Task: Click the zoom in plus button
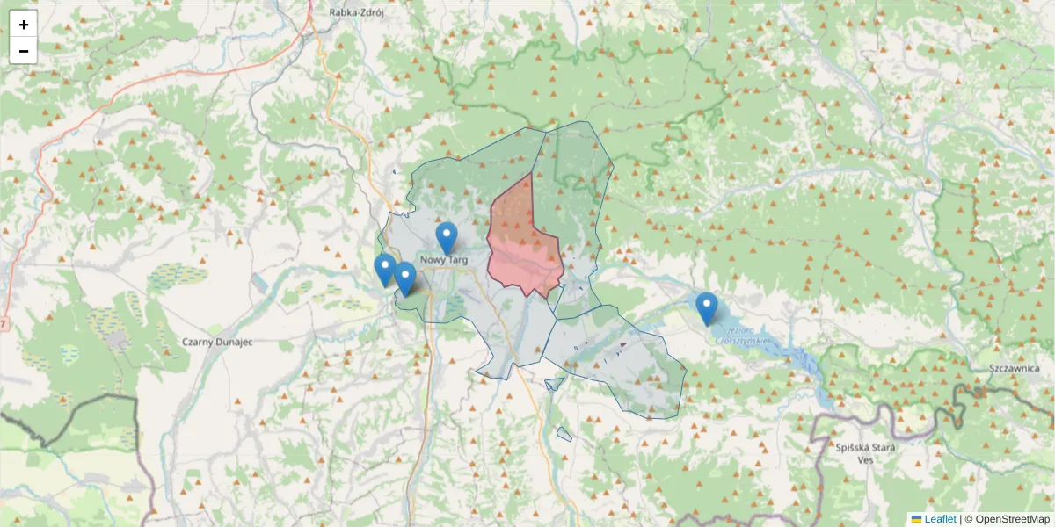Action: pyautogui.click(x=24, y=25)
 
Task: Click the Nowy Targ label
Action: pyautogui.click(x=444, y=260)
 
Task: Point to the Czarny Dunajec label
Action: pyautogui.click(x=216, y=342)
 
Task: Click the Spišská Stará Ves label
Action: pyautogui.click(x=865, y=453)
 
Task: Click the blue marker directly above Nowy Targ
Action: pyautogui.click(x=447, y=236)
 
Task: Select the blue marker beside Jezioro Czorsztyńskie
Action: pyautogui.click(x=706, y=307)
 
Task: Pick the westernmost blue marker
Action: pyautogui.click(x=384, y=268)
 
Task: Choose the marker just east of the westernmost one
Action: pyautogui.click(x=404, y=277)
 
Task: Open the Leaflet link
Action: pyautogui.click(x=940, y=519)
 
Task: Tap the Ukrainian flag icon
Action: pyautogui.click(x=916, y=519)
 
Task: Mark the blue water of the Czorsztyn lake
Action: pyautogui.click(x=791, y=356)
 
